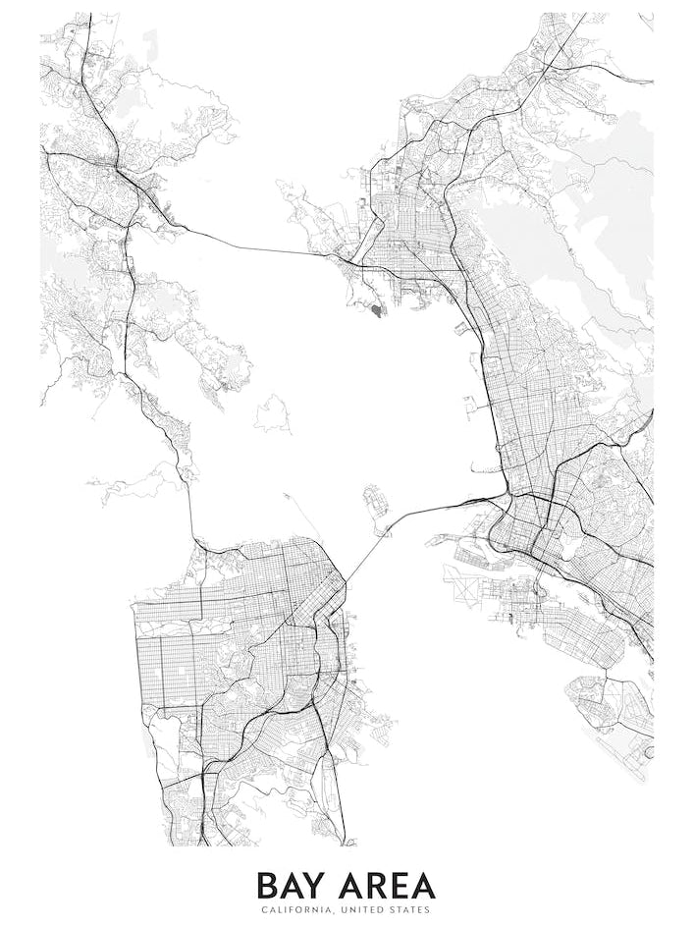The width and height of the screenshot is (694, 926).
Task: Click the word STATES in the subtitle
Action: coord(407,910)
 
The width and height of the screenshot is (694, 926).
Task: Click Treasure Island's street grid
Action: coord(376,501)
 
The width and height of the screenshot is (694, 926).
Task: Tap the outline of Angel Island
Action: coord(273,415)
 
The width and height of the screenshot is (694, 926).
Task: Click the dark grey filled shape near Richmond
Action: coord(379,310)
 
